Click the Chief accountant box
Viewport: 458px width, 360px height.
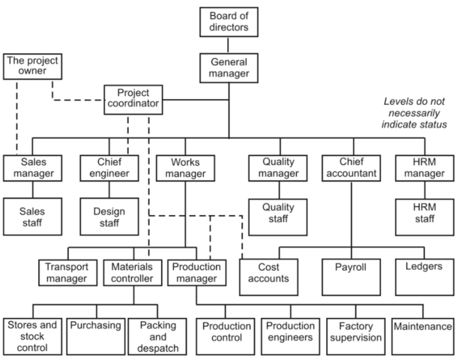350,168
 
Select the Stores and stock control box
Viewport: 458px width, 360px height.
31,334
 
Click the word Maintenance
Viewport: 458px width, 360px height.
424,328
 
